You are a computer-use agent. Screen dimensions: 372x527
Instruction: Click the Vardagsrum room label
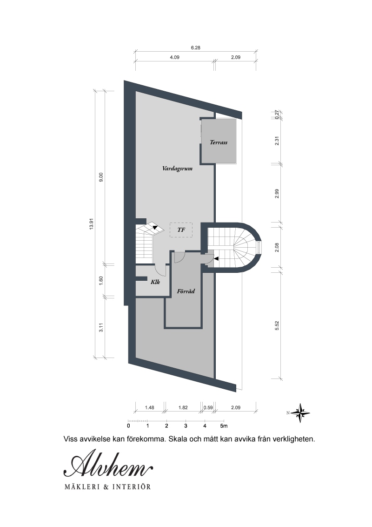click(177, 169)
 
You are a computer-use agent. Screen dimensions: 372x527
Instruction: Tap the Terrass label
click(219, 142)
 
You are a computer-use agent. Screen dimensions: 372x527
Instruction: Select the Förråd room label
click(186, 291)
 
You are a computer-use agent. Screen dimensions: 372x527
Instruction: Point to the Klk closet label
click(155, 282)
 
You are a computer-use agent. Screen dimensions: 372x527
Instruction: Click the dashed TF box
click(181, 230)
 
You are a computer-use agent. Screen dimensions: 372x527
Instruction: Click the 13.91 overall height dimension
click(91, 223)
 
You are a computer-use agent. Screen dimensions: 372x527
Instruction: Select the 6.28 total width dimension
click(195, 48)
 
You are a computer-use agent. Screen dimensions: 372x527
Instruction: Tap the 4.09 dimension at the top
click(174, 57)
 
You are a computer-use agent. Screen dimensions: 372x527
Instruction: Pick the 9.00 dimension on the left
click(101, 177)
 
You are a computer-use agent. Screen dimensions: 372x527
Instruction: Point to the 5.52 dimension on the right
click(277, 325)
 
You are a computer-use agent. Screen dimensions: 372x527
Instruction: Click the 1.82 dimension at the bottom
click(183, 407)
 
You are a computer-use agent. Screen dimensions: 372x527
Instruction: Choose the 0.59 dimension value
click(208, 407)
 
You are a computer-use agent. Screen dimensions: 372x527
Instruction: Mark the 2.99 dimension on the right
click(277, 194)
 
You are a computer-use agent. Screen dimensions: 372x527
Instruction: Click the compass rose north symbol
click(300, 413)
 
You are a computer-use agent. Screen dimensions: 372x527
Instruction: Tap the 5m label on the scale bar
click(224, 426)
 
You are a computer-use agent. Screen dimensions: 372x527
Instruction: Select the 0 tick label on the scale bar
click(129, 426)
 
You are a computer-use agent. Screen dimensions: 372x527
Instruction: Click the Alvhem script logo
click(108, 466)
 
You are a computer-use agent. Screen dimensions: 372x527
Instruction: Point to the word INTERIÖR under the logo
click(132, 486)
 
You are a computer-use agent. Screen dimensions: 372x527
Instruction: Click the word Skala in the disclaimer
click(178, 439)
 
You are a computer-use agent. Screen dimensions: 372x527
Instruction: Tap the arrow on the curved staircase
click(216, 259)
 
